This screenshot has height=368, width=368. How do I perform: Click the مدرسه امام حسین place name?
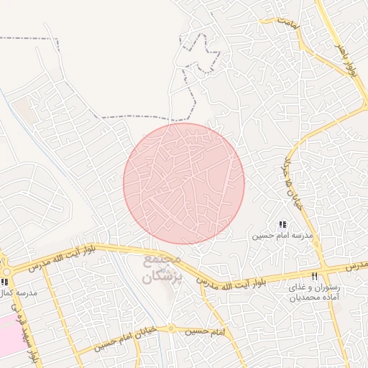click(282, 236)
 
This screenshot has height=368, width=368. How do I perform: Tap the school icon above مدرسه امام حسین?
click(282, 225)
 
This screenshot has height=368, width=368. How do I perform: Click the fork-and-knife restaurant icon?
click(314, 276)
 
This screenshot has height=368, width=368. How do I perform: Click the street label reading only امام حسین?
click(205, 331)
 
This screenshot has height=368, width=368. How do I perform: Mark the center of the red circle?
click(184, 184)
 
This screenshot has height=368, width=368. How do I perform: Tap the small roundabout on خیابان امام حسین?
click(170, 328)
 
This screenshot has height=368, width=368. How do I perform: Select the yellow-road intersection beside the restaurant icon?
click(325, 267)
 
